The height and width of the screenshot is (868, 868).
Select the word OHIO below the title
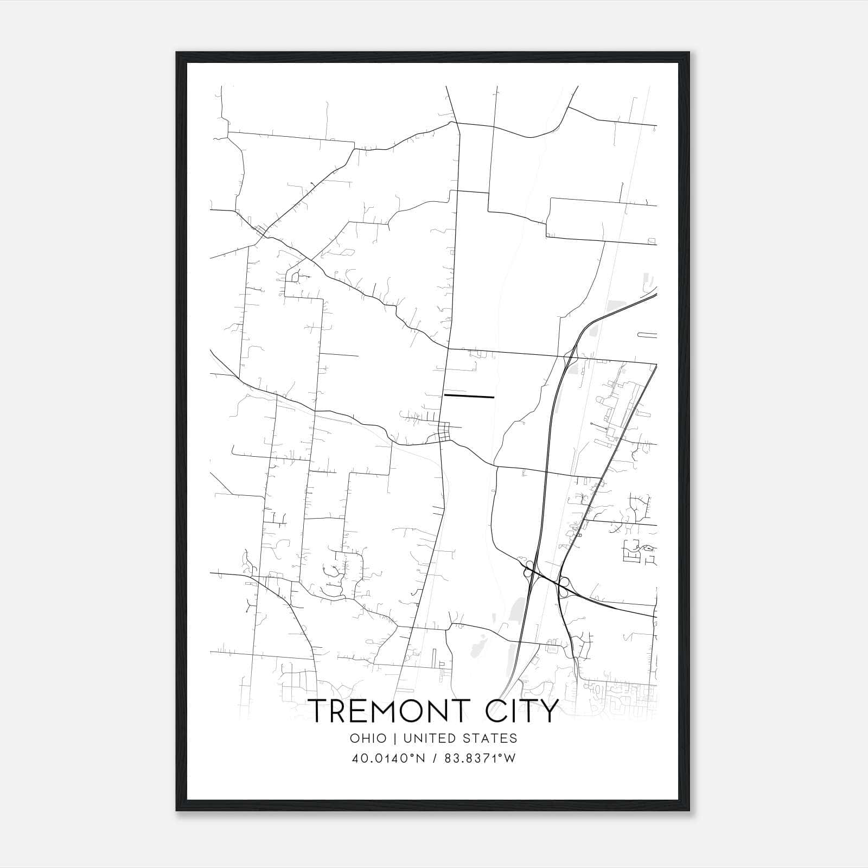pyautogui.click(x=368, y=738)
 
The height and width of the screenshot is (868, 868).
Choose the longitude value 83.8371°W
pyautogui.click(x=480, y=758)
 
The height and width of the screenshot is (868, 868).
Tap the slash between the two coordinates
pyautogui.click(x=435, y=758)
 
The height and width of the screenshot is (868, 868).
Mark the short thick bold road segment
pyautogui.click(x=469, y=397)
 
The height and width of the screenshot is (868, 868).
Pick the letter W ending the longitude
pyautogui.click(x=510, y=758)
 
